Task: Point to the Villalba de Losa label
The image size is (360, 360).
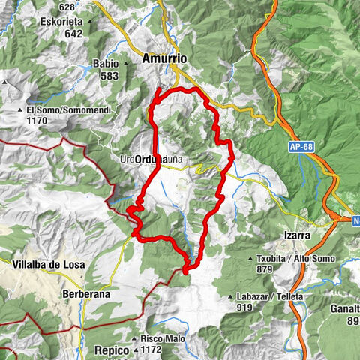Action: (48, 265)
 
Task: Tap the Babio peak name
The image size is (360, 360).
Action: (105, 64)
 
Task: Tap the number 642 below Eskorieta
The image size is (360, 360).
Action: (73, 33)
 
